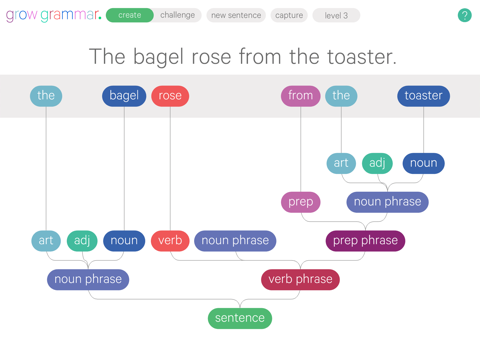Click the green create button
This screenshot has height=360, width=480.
(x=130, y=15)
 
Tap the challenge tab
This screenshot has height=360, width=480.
(x=178, y=15)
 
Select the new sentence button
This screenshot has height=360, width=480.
(x=237, y=15)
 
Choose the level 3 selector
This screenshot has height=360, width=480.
(x=336, y=15)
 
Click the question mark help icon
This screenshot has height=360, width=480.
(x=464, y=15)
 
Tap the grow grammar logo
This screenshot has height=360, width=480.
(x=53, y=15)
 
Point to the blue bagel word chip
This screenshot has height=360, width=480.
(x=124, y=96)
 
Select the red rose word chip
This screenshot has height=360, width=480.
(x=170, y=96)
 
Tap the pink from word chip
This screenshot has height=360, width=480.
(x=300, y=96)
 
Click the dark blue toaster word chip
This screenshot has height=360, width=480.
(x=423, y=96)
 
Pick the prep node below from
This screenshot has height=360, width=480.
(x=300, y=202)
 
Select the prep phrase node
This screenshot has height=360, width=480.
(x=365, y=241)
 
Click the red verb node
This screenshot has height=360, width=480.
(x=170, y=241)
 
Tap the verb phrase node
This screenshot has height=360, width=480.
(x=300, y=279)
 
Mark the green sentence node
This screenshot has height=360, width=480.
(x=240, y=318)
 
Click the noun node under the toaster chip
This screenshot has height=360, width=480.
(x=423, y=163)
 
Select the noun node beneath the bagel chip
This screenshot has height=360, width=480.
(x=124, y=241)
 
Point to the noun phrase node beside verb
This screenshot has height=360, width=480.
(x=235, y=241)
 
